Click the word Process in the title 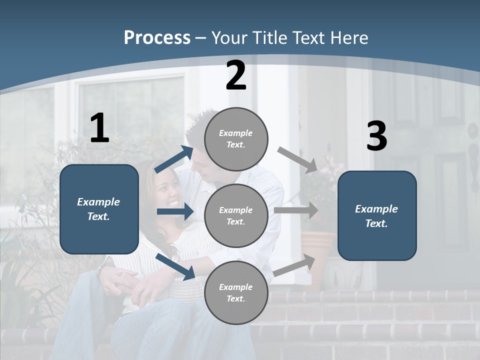click(157, 38)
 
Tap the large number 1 click(99, 128)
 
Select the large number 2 click(236, 75)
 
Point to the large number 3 click(376, 136)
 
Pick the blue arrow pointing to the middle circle click(175, 211)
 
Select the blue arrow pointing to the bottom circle click(175, 266)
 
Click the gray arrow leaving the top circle click(297, 159)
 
